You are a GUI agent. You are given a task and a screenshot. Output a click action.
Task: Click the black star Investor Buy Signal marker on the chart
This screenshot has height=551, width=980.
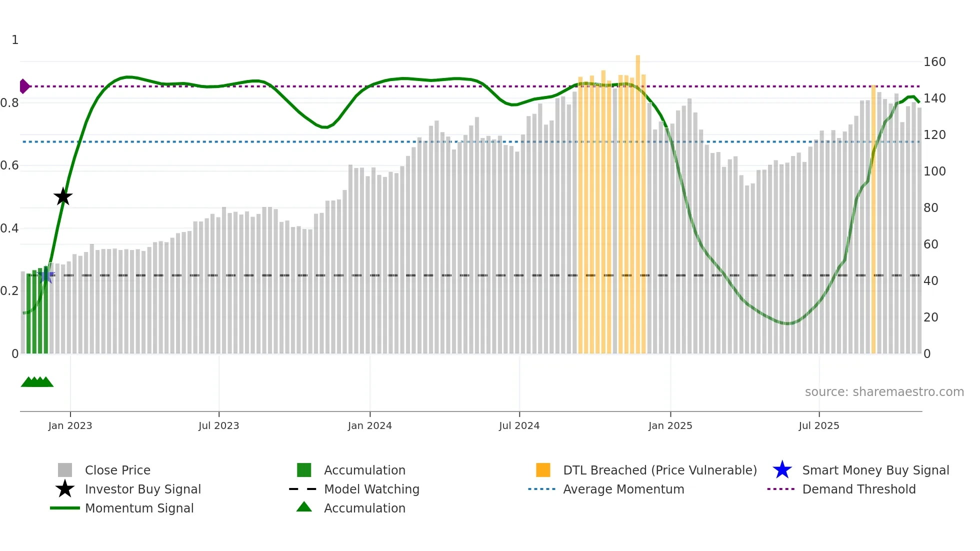pyautogui.click(x=63, y=197)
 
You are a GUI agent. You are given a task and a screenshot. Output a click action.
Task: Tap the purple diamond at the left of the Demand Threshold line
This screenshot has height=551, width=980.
pyautogui.click(x=24, y=86)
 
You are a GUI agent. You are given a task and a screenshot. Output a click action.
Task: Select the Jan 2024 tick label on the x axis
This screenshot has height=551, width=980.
pyautogui.click(x=369, y=425)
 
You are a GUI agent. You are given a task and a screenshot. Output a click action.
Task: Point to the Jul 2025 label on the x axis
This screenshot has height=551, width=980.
pyautogui.click(x=818, y=425)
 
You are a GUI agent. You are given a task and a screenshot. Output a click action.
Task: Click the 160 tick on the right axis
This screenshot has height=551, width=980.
pyautogui.click(x=934, y=62)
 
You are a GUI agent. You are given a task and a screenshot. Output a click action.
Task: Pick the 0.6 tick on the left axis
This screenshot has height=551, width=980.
pyautogui.click(x=9, y=165)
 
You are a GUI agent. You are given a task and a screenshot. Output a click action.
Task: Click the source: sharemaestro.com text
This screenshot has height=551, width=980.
pyautogui.click(x=884, y=392)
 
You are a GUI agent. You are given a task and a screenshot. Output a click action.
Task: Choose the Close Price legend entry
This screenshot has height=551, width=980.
pyautogui.click(x=117, y=470)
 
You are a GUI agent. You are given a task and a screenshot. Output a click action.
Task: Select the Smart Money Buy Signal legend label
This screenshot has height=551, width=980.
pyautogui.click(x=875, y=470)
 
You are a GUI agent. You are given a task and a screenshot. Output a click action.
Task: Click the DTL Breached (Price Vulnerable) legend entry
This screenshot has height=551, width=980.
pyautogui.click(x=659, y=470)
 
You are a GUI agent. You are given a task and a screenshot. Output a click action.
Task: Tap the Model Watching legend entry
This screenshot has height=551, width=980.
pyautogui.click(x=371, y=489)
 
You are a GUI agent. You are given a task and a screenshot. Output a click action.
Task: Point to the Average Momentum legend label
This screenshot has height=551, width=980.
pyautogui.click(x=623, y=489)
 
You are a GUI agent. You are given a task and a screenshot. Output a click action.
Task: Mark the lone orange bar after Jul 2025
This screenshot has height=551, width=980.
pyautogui.click(x=873, y=220)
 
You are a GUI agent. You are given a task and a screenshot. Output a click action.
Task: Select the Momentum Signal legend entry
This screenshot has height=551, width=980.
pyautogui.click(x=139, y=508)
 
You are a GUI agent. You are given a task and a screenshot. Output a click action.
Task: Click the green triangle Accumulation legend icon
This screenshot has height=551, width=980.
pyautogui.click(x=304, y=507)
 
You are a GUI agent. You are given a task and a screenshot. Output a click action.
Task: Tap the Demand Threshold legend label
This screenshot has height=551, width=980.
pyautogui.click(x=858, y=489)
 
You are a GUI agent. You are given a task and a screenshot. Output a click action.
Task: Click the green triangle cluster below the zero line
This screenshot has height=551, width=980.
pyautogui.click(x=37, y=382)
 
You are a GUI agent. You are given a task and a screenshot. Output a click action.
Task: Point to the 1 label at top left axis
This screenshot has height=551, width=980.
pyautogui.click(x=15, y=40)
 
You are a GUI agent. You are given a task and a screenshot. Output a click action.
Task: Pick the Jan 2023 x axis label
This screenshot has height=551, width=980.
pyautogui.click(x=70, y=425)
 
